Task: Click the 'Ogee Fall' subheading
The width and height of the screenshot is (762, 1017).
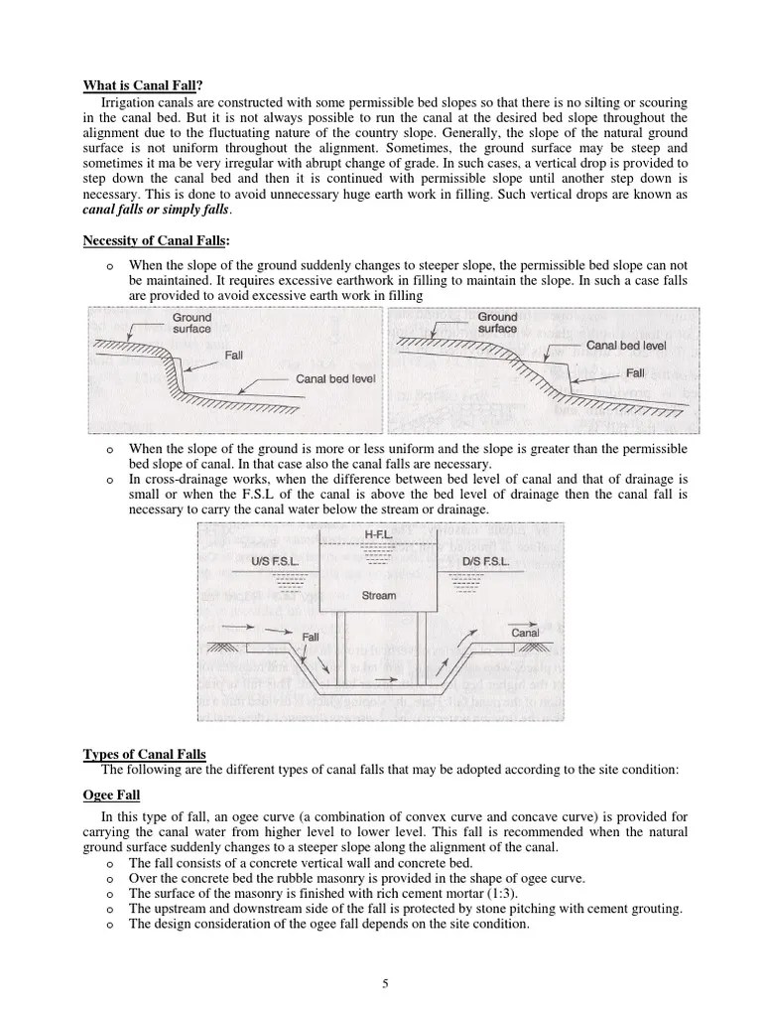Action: (111, 796)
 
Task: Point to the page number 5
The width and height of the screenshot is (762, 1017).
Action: (385, 983)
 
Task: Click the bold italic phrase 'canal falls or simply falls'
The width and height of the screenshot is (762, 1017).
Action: (158, 210)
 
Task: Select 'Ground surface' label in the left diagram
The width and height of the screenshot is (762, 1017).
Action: (190, 324)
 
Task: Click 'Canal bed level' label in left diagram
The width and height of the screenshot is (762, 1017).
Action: (335, 379)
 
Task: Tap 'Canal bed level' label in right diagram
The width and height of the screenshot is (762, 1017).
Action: (626, 346)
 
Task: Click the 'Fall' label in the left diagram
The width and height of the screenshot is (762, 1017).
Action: (233, 355)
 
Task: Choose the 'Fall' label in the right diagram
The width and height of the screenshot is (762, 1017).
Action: (635, 373)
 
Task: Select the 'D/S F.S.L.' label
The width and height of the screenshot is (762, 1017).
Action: (485, 561)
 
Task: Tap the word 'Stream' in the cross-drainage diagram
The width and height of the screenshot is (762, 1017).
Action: (378, 596)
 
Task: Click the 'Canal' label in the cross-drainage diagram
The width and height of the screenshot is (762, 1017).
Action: (525, 633)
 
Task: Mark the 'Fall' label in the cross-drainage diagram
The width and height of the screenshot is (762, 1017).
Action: (310, 635)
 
